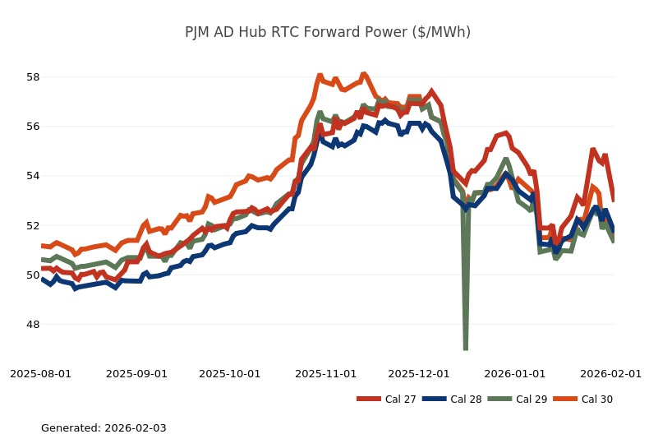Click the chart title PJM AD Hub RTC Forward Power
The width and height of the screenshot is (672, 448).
click(328, 33)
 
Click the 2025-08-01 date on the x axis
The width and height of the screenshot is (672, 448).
click(41, 373)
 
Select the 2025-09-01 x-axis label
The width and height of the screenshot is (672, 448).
click(136, 373)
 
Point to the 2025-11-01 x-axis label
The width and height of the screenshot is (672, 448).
click(325, 373)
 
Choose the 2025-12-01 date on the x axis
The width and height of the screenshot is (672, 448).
click(418, 373)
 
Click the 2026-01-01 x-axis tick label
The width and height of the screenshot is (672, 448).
click(514, 373)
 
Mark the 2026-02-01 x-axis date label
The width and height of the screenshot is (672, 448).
click(610, 373)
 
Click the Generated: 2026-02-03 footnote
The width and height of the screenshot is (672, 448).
click(104, 428)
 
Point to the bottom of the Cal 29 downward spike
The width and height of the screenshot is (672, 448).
click(466, 349)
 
